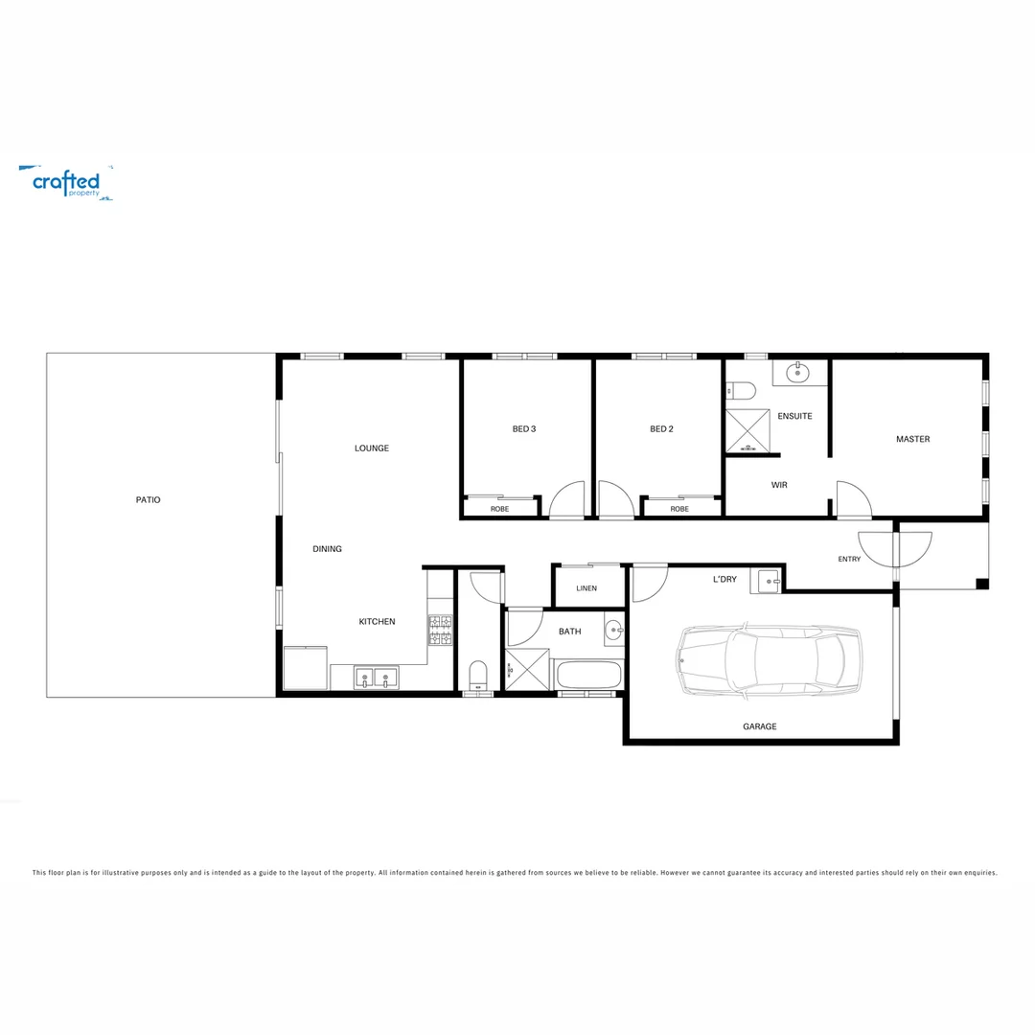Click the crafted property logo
coord(66,182)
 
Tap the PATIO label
coord(148,500)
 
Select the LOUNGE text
coord(372,448)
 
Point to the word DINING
coord(327,549)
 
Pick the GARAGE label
coord(760,726)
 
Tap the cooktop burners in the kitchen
coord(440,630)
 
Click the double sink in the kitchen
coord(377,678)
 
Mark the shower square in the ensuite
coord(747,429)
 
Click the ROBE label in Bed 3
coord(499,509)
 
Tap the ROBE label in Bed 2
coord(679,509)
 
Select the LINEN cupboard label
coord(586,588)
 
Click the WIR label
coord(779,486)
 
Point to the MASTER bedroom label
coord(912,439)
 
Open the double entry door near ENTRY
coord(894,548)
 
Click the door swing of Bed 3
coord(567,500)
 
